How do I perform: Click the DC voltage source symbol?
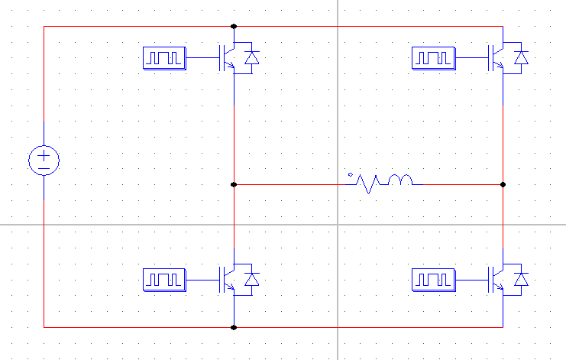(44, 161)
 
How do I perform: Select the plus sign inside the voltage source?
(44, 155)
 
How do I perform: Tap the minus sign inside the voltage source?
(44, 167)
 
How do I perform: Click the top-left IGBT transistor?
(228, 57)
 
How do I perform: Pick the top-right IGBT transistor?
(497, 57)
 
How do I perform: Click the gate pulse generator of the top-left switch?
(164, 58)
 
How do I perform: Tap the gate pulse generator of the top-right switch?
(433, 58)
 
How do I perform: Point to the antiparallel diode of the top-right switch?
(522, 57)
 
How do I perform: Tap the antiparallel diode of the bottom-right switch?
(522, 281)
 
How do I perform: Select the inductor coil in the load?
(401, 180)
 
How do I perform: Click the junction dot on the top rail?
(234, 26)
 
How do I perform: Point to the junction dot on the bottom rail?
(234, 327)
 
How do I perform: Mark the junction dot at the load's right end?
(503, 184)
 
